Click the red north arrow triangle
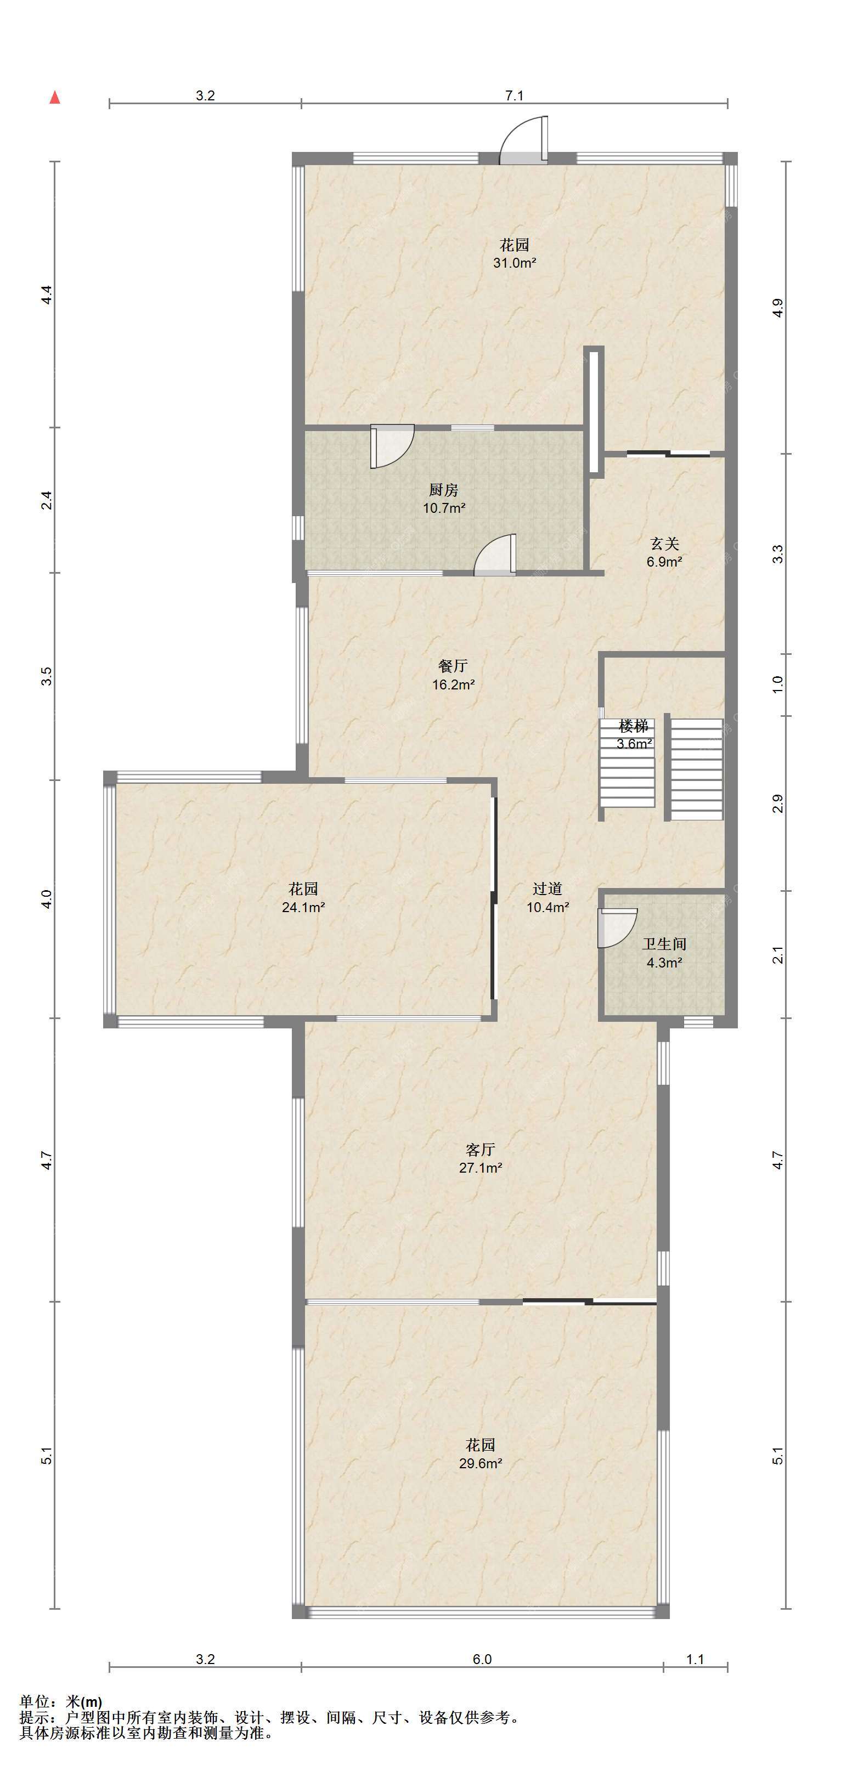pos(55,98)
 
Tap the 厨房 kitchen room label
pos(443,490)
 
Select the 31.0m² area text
pos(515,263)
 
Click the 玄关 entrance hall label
pos(665,544)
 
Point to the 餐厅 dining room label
pos(453,666)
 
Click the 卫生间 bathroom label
pos(664,944)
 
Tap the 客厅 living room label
pos(480,1150)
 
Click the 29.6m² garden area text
pos(480,1464)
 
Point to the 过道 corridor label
pos(548,889)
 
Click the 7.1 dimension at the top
pos(515,95)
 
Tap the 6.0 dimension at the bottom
pos(482,1660)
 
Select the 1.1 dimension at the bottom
pos(695,1660)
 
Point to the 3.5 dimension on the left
pos(46,676)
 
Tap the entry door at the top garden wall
pos(524,141)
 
